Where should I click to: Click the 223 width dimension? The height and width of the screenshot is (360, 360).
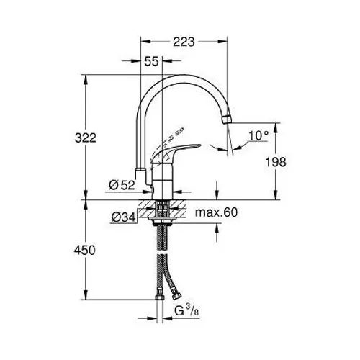(x=184, y=42)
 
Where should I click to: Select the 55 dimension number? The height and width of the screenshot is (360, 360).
(x=151, y=61)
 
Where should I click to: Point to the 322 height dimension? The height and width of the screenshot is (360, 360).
(x=86, y=138)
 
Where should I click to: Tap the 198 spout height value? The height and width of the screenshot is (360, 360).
(x=276, y=162)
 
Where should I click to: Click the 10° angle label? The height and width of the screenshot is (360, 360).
(x=258, y=135)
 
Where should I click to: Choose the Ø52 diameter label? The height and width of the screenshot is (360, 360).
(x=122, y=185)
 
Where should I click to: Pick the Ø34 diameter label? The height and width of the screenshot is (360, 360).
(x=123, y=217)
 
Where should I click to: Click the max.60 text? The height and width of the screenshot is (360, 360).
(x=216, y=212)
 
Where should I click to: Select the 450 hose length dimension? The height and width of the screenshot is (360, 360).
(x=84, y=251)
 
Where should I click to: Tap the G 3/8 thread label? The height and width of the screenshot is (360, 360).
(x=186, y=311)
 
